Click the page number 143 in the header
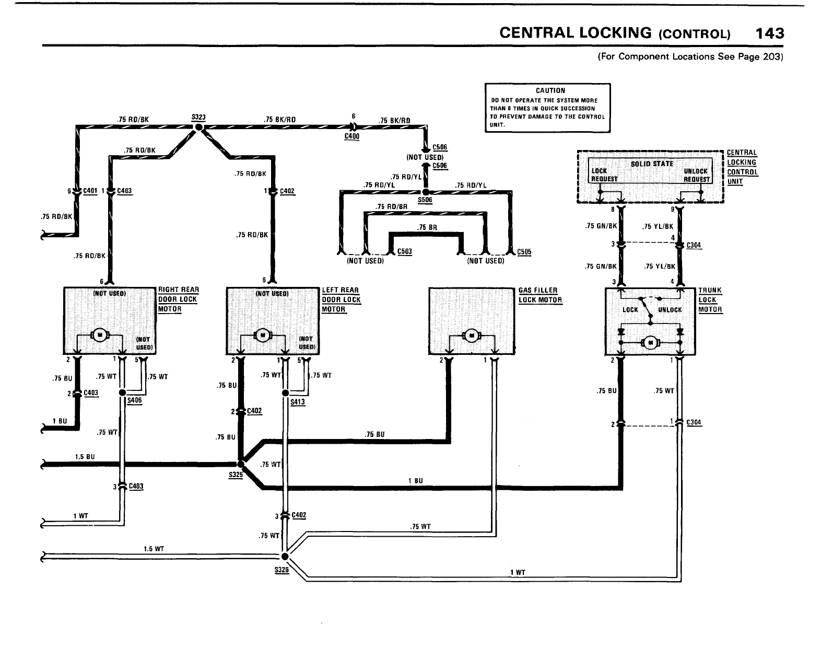(x=769, y=33)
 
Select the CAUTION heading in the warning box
(x=550, y=90)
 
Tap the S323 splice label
(x=198, y=118)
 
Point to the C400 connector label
(x=352, y=136)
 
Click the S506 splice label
(x=425, y=200)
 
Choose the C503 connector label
(x=405, y=251)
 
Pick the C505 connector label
(x=524, y=251)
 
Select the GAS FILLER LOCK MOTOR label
(x=540, y=295)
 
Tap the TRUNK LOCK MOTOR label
(x=710, y=299)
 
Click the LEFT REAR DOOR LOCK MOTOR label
(x=341, y=299)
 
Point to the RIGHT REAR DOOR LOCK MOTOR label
(x=178, y=299)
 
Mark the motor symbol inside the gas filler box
(x=472, y=336)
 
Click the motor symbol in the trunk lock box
(x=650, y=342)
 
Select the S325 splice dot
(x=240, y=463)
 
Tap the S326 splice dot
(x=285, y=556)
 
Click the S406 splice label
(x=134, y=401)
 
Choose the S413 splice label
(x=297, y=402)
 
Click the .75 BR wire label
(x=427, y=227)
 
